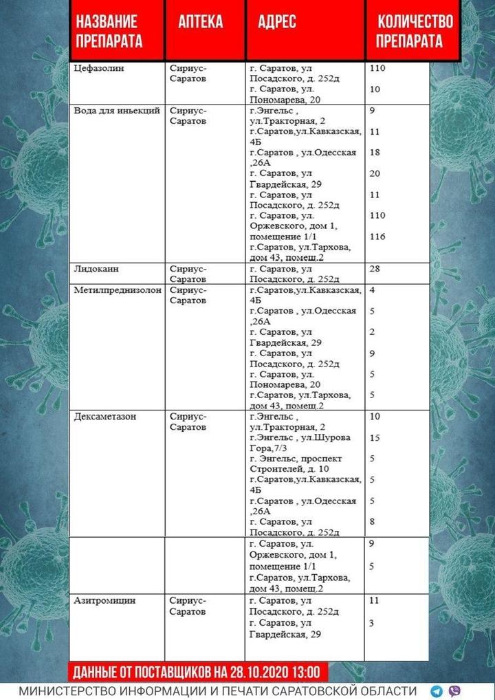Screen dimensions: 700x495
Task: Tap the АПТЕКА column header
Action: click(201, 22)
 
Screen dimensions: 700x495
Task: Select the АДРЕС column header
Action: click(277, 22)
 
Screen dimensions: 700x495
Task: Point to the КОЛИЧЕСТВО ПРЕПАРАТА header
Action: click(415, 32)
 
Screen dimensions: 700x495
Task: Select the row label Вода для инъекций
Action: click(117, 110)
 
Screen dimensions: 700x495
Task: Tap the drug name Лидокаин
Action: click(97, 268)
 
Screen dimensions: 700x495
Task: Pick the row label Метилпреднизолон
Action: click(118, 289)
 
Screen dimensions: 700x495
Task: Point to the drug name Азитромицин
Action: click(104, 600)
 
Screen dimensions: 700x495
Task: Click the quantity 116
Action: click(377, 237)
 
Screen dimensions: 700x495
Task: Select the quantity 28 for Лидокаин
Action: click(375, 268)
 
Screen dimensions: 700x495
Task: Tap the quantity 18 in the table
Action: click(375, 152)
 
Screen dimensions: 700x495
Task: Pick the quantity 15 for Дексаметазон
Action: click(375, 437)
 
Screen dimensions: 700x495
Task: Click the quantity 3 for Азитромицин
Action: click(372, 622)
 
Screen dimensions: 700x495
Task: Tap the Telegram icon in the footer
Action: click(437, 691)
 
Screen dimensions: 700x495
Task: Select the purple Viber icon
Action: click(454, 691)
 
